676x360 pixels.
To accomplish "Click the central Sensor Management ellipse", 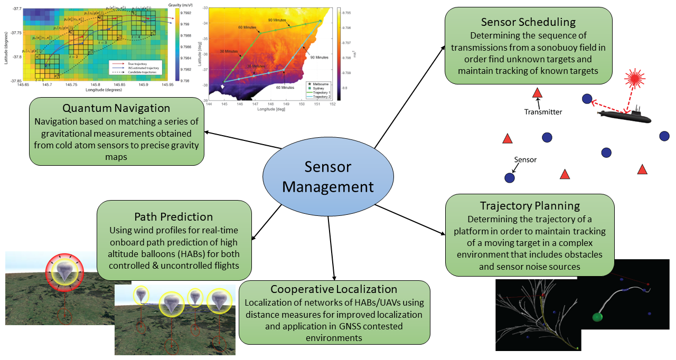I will (327, 176).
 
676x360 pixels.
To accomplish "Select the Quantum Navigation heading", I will (116, 108).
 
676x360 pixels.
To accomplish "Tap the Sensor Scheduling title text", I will (528, 22).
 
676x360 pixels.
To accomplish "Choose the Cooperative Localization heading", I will (334, 289).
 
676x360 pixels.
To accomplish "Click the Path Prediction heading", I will (174, 216).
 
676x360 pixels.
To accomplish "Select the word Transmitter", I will (543, 112).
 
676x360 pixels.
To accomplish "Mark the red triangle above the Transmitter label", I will (538, 93).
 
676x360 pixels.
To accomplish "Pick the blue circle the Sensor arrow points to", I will (510, 178).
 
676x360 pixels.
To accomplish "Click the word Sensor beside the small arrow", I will (526, 159).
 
